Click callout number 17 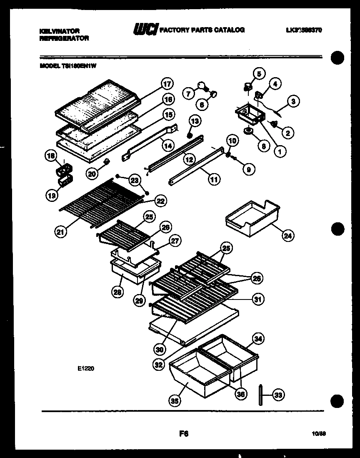point(167,83)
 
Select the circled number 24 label point(287,236)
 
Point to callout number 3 point(293,101)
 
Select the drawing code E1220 point(85,368)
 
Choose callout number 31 point(258,299)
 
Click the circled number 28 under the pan point(118,293)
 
